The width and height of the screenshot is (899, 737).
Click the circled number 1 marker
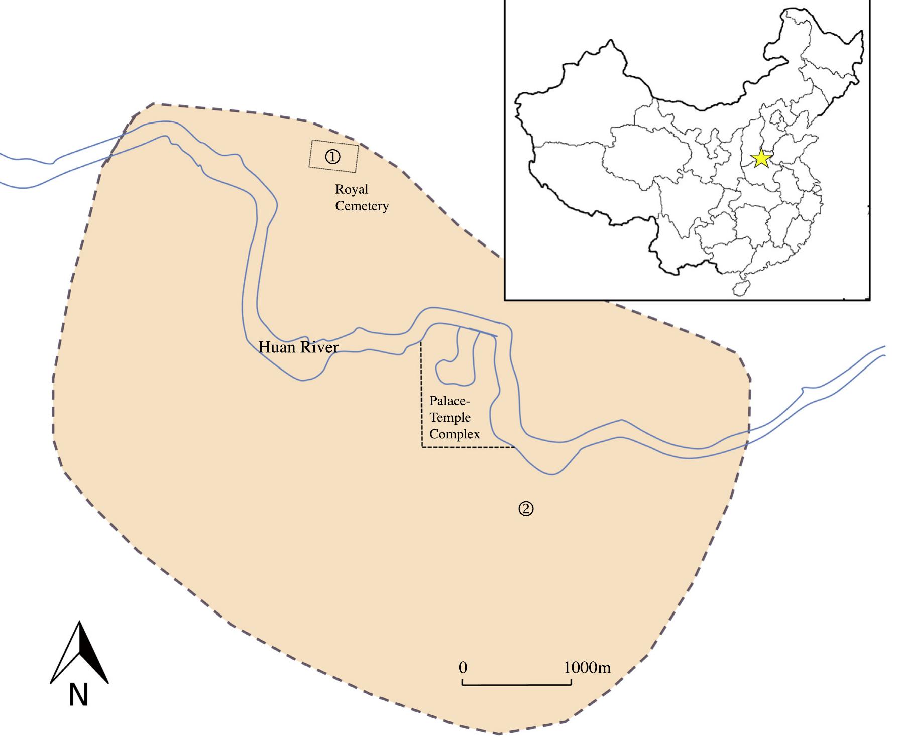coord(333,157)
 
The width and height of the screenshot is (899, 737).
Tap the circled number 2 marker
coord(526,509)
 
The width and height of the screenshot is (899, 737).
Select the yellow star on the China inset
coord(761,159)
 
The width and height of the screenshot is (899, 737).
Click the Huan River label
coord(298,347)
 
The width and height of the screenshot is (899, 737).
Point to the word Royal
coord(352,190)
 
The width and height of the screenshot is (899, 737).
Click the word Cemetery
coord(362,206)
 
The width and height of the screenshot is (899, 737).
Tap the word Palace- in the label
coord(449,401)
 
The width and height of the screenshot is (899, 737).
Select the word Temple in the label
coord(450,418)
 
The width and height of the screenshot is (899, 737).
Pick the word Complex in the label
coord(455,434)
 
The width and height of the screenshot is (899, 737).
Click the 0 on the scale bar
coord(463,668)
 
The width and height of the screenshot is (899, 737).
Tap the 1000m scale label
coord(587,668)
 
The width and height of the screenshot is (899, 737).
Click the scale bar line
coord(516,684)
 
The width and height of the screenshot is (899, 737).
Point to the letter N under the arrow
coord(78,695)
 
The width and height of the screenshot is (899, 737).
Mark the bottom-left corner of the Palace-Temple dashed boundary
coord(422,447)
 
